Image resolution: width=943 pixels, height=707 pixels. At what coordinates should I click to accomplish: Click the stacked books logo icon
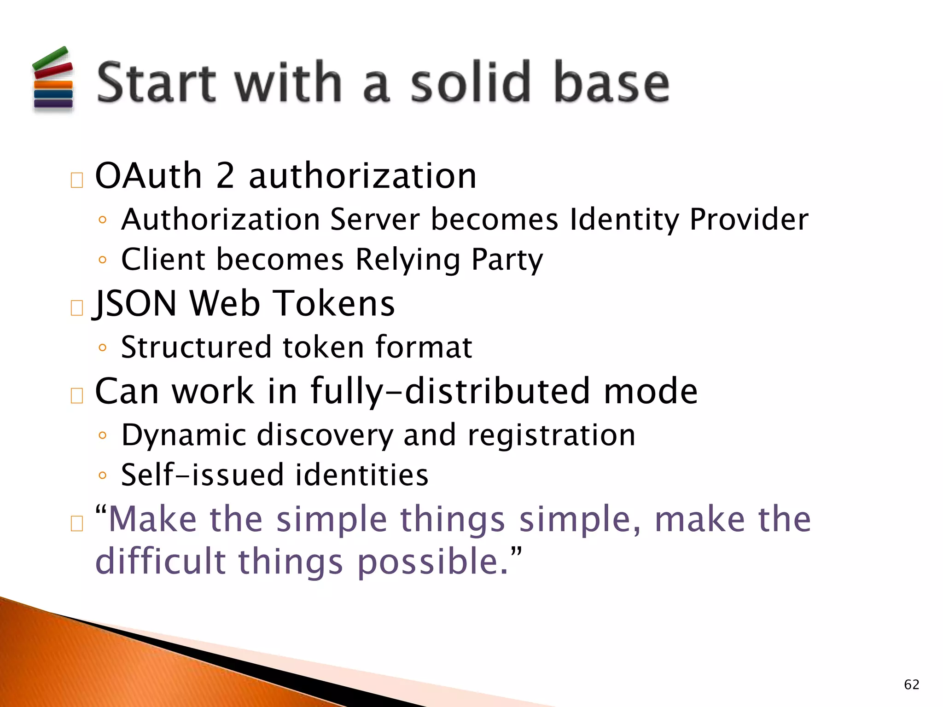53,79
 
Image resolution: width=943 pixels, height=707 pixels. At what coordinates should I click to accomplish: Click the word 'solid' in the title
470,83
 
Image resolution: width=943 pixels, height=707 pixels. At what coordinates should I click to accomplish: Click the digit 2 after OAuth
225,176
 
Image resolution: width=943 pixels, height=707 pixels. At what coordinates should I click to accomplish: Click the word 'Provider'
749,220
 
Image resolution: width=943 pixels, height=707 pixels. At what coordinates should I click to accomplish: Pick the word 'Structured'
196,347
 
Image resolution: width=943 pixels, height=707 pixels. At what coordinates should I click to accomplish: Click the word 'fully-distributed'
450,391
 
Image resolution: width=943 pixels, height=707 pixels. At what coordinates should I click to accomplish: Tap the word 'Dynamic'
184,435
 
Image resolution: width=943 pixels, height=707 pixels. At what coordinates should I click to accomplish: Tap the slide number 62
911,684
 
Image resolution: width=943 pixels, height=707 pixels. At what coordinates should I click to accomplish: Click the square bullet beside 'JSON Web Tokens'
77,308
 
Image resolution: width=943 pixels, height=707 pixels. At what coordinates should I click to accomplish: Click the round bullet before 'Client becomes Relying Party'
103,260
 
